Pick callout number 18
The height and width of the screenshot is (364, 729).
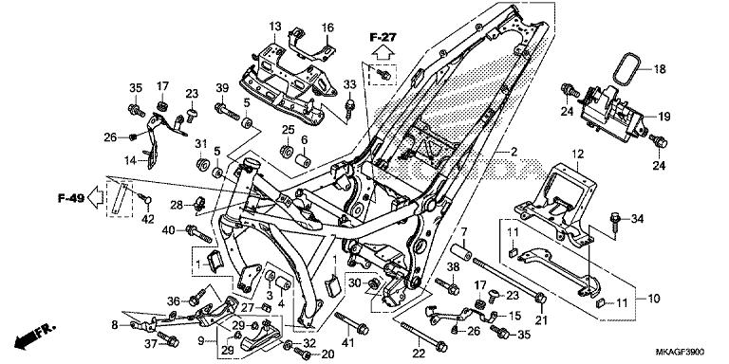click(x=659, y=70)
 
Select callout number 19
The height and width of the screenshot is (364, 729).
click(x=664, y=116)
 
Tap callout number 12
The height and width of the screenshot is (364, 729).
click(x=575, y=153)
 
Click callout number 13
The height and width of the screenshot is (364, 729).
click(x=274, y=26)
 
